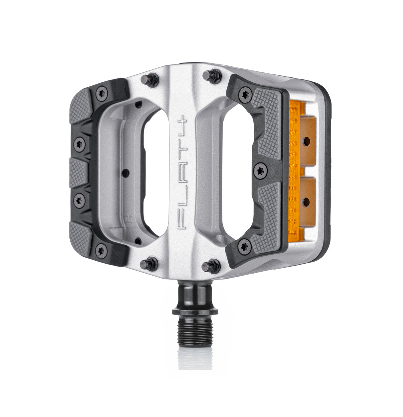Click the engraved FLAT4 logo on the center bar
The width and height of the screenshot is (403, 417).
pyautogui.click(x=181, y=173)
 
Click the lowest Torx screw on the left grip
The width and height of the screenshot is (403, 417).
pyautogui.click(x=101, y=250)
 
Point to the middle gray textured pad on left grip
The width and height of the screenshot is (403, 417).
pyautogui.click(x=78, y=172)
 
